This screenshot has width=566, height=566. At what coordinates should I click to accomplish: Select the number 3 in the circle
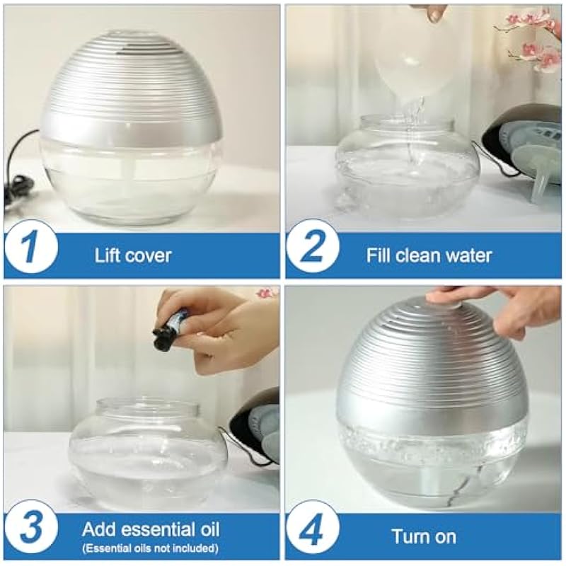click(31, 528)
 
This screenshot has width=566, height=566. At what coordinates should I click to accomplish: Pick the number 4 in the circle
click(313, 528)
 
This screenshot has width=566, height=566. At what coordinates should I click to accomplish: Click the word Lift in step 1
click(107, 255)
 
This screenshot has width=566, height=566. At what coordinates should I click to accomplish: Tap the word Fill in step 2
click(379, 255)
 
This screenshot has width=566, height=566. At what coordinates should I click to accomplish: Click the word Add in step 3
click(96, 529)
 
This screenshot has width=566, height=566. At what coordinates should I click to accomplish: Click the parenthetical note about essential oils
click(150, 548)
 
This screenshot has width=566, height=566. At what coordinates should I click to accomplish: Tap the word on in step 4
click(445, 537)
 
